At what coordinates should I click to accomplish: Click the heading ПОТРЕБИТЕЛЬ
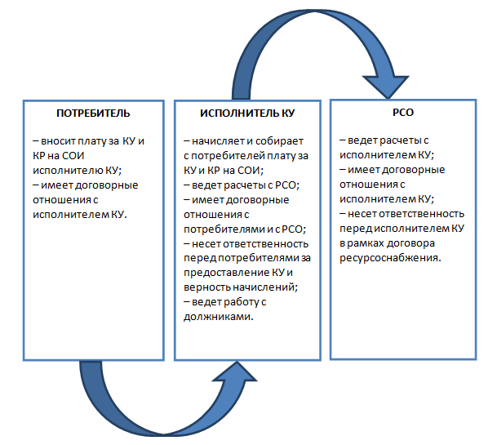point(93,112)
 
